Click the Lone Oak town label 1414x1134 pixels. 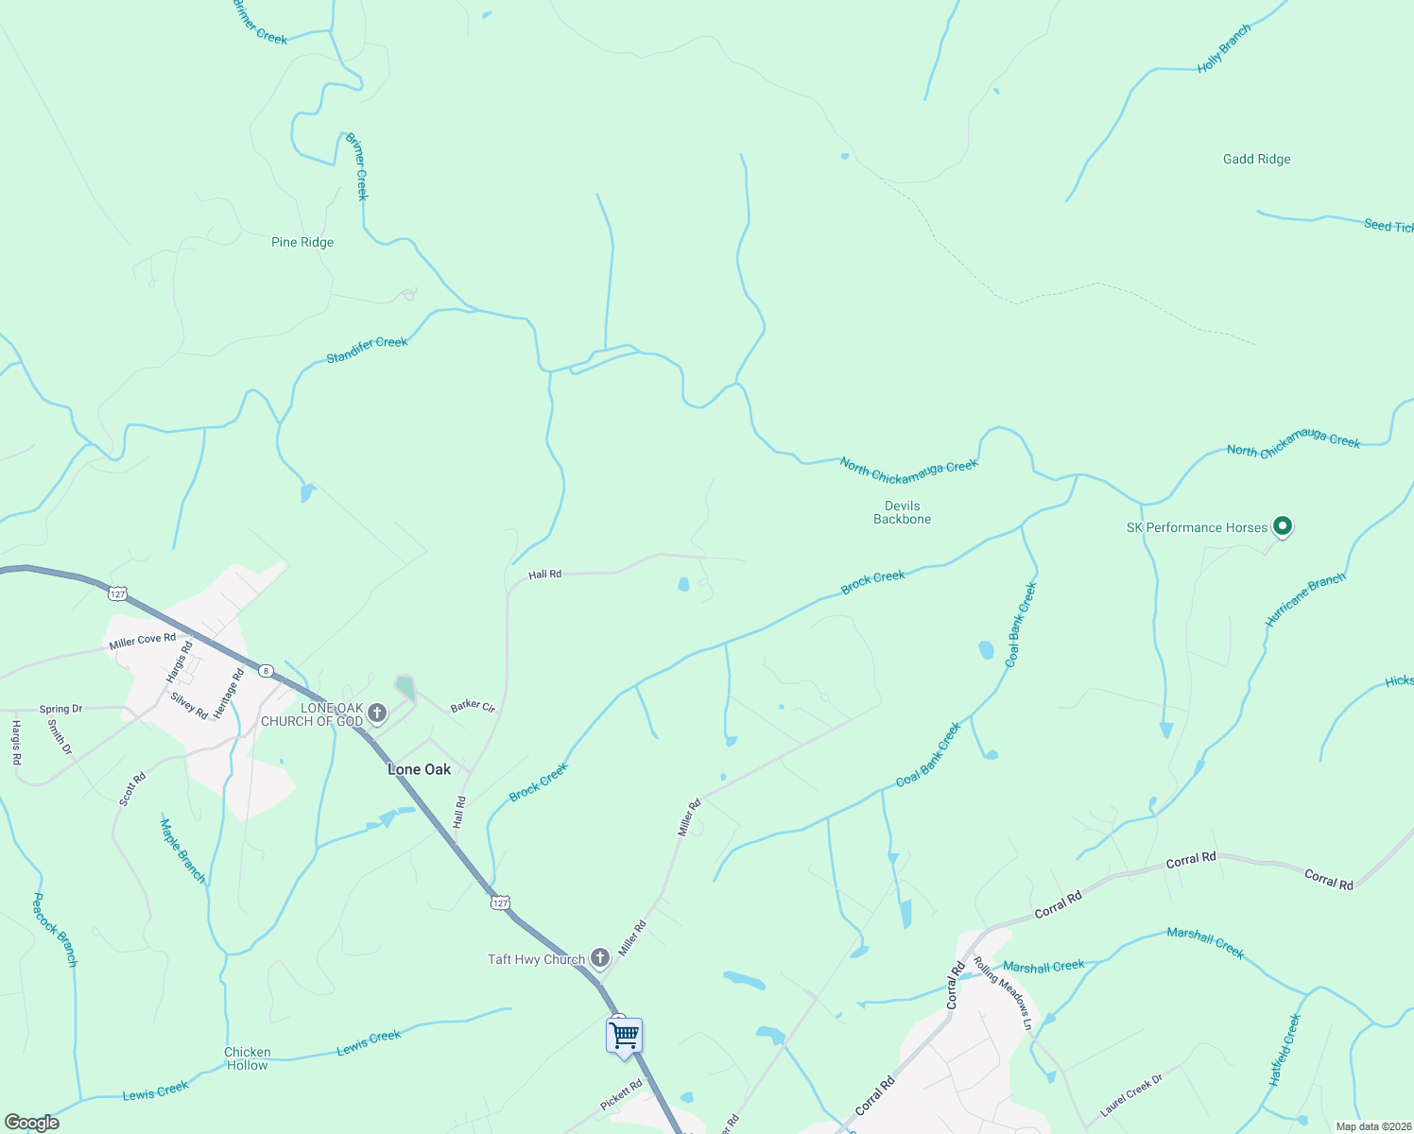click(420, 769)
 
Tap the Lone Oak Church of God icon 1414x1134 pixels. click(377, 713)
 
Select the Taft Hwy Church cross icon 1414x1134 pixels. click(599, 958)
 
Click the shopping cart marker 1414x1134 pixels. click(624, 1035)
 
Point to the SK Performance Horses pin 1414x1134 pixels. click(1282, 525)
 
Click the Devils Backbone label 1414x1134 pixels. click(902, 512)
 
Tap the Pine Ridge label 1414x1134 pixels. click(302, 242)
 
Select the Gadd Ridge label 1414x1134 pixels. click(1256, 159)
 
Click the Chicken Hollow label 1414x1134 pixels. click(248, 1058)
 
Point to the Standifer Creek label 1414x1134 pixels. click(367, 350)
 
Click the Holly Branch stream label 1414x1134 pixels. click(1224, 49)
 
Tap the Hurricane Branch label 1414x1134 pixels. click(1305, 599)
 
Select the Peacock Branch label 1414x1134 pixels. click(55, 929)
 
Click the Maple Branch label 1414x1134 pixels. click(182, 850)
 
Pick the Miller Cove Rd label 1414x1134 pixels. click(142, 641)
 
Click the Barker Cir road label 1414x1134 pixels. click(473, 706)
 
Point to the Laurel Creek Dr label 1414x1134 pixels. click(1131, 1094)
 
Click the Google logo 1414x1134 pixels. click(32, 1123)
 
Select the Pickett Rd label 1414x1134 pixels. click(621, 1095)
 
